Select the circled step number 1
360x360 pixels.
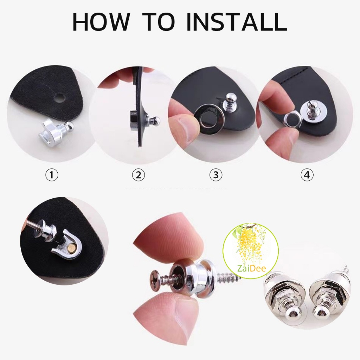(x=52, y=175)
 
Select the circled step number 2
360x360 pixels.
(x=139, y=175)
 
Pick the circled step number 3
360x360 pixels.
(x=216, y=175)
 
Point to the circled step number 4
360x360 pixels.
(x=307, y=175)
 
